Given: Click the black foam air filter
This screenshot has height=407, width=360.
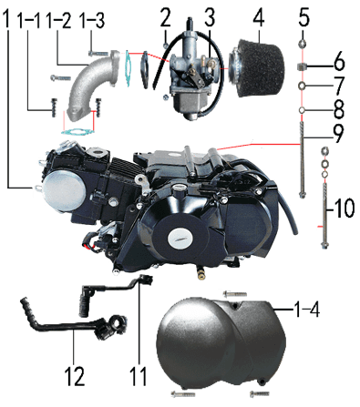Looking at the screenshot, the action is point(258,68).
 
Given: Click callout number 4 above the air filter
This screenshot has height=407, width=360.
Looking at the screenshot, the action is point(258,18).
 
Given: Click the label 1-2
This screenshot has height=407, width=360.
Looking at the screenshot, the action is point(58,20).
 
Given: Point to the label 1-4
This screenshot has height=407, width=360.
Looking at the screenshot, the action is point(306,310).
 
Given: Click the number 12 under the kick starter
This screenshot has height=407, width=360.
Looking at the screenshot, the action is point(75,376).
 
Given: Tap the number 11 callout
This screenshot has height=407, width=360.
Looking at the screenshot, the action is point(139,376).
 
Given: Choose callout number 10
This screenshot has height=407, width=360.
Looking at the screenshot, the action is point(344,209).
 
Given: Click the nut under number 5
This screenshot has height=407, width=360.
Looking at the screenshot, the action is point(303,45).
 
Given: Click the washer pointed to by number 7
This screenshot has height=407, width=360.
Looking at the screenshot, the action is point(302,86).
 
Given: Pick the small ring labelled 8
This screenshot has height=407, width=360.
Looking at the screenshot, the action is point(302,110).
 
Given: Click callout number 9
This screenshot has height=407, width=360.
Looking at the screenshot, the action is point(338,133).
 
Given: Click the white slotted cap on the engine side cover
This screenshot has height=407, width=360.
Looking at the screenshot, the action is point(180,237).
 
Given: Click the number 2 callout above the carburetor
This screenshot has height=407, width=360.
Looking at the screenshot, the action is point(166,17).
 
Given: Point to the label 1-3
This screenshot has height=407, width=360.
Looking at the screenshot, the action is point(92,20).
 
